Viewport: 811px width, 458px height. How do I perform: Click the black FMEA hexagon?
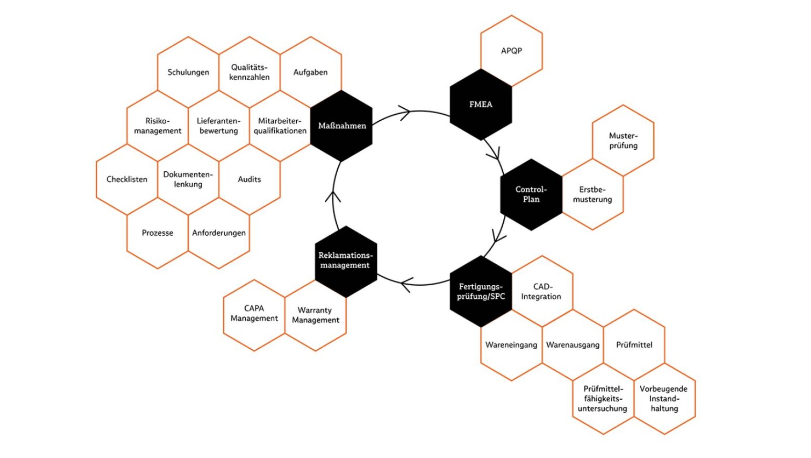point(480,104)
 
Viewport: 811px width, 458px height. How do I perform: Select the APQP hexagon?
point(511,51)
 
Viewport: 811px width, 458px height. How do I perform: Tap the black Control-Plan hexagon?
point(531,195)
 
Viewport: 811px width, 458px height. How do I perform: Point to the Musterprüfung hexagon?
point(623,141)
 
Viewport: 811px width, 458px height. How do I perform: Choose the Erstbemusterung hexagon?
point(593,195)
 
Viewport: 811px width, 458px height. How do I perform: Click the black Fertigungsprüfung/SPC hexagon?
point(481,291)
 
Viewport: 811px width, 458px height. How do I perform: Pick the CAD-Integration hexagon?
point(541,291)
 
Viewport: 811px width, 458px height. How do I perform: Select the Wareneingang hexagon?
point(511,345)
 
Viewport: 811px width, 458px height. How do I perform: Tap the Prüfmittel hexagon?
point(634,345)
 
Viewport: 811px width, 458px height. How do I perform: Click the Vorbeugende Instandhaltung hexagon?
point(664,399)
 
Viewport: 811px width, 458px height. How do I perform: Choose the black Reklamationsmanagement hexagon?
point(345,260)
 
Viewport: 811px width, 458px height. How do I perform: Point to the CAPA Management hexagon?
point(254,314)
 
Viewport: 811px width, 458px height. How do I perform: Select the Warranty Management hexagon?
point(315,315)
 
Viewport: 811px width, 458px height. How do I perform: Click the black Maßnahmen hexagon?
point(342,126)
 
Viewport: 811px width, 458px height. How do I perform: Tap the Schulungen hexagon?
point(188,73)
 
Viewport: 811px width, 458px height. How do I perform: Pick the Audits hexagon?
point(250,179)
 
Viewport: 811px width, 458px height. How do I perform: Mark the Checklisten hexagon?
point(127,179)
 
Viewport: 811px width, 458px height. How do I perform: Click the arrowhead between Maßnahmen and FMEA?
point(404,113)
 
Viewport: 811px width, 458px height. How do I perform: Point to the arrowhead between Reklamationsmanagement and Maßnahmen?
point(336,195)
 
